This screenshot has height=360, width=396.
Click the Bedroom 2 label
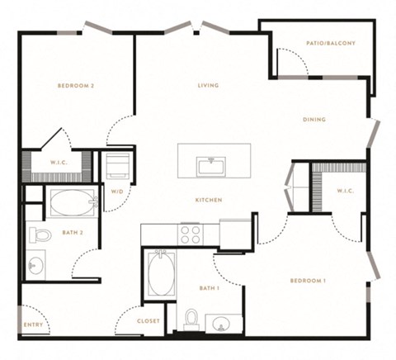76,86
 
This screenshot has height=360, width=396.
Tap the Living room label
209,85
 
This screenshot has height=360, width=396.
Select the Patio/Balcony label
331,43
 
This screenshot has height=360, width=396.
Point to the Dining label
314,120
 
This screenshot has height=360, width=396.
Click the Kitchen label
209,200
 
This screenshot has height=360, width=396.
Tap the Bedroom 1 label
308,281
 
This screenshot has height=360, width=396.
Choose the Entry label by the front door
33,324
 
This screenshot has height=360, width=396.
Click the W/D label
117,192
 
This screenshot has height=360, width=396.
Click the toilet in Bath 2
40,234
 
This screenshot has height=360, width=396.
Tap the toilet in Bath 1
191,320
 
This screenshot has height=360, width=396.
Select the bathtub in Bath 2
73,202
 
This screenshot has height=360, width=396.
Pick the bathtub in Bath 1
162,273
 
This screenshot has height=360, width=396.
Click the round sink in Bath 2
35,266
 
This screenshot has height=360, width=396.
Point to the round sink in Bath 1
221,323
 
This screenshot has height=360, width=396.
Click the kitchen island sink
212,165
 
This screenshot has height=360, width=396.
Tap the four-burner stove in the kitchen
191,234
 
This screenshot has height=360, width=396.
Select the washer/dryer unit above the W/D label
118,166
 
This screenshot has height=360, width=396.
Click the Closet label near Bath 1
148,321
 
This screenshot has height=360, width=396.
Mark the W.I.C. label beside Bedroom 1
345,191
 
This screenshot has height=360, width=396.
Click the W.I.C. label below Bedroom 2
59,163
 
